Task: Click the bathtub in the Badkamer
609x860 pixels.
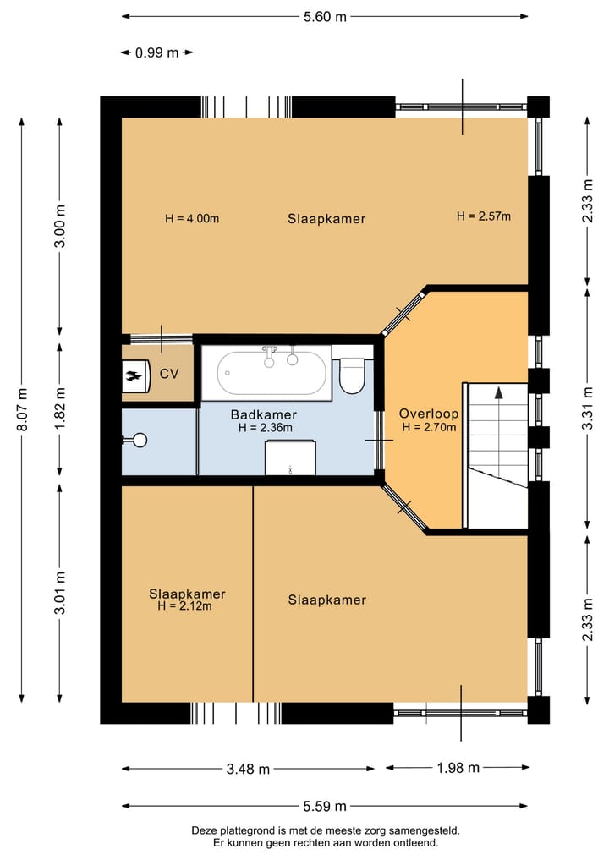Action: [266, 373]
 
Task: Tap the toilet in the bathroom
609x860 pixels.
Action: [352, 375]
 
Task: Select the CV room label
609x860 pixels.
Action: [169, 374]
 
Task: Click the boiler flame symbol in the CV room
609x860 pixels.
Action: [132, 376]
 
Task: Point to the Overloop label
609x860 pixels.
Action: [429, 414]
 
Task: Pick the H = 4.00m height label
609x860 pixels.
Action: [192, 219]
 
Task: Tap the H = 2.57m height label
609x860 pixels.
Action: [484, 216]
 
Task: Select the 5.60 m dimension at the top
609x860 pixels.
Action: [326, 17]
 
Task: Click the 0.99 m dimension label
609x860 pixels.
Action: [157, 52]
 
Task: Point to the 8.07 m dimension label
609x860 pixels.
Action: [22, 410]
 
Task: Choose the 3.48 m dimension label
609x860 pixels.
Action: [248, 769]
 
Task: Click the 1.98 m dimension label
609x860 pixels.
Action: [458, 768]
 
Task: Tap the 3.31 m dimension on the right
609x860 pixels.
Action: [588, 408]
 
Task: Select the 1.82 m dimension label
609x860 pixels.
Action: [60, 409]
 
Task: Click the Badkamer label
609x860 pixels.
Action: [264, 414]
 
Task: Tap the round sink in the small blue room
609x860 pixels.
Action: [140, 440]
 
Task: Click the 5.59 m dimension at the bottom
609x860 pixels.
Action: [325, 806]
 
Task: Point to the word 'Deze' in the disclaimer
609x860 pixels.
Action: [202, 831]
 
